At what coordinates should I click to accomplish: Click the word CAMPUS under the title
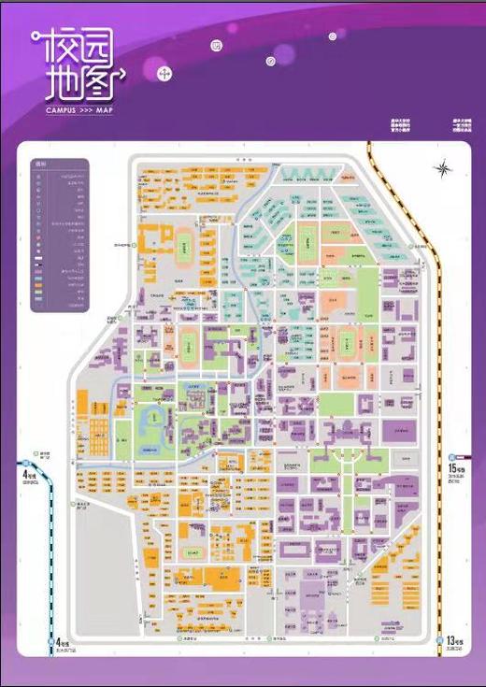(x=61, y=110)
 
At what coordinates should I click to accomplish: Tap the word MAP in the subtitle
(x=104, y=110)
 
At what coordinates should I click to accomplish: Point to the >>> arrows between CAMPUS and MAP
(x=86, y=110)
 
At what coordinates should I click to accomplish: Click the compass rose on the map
(x=441, y=168)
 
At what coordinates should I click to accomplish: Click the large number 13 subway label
(x=451, y=641)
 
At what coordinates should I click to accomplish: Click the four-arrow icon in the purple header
(x=165, y=73)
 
